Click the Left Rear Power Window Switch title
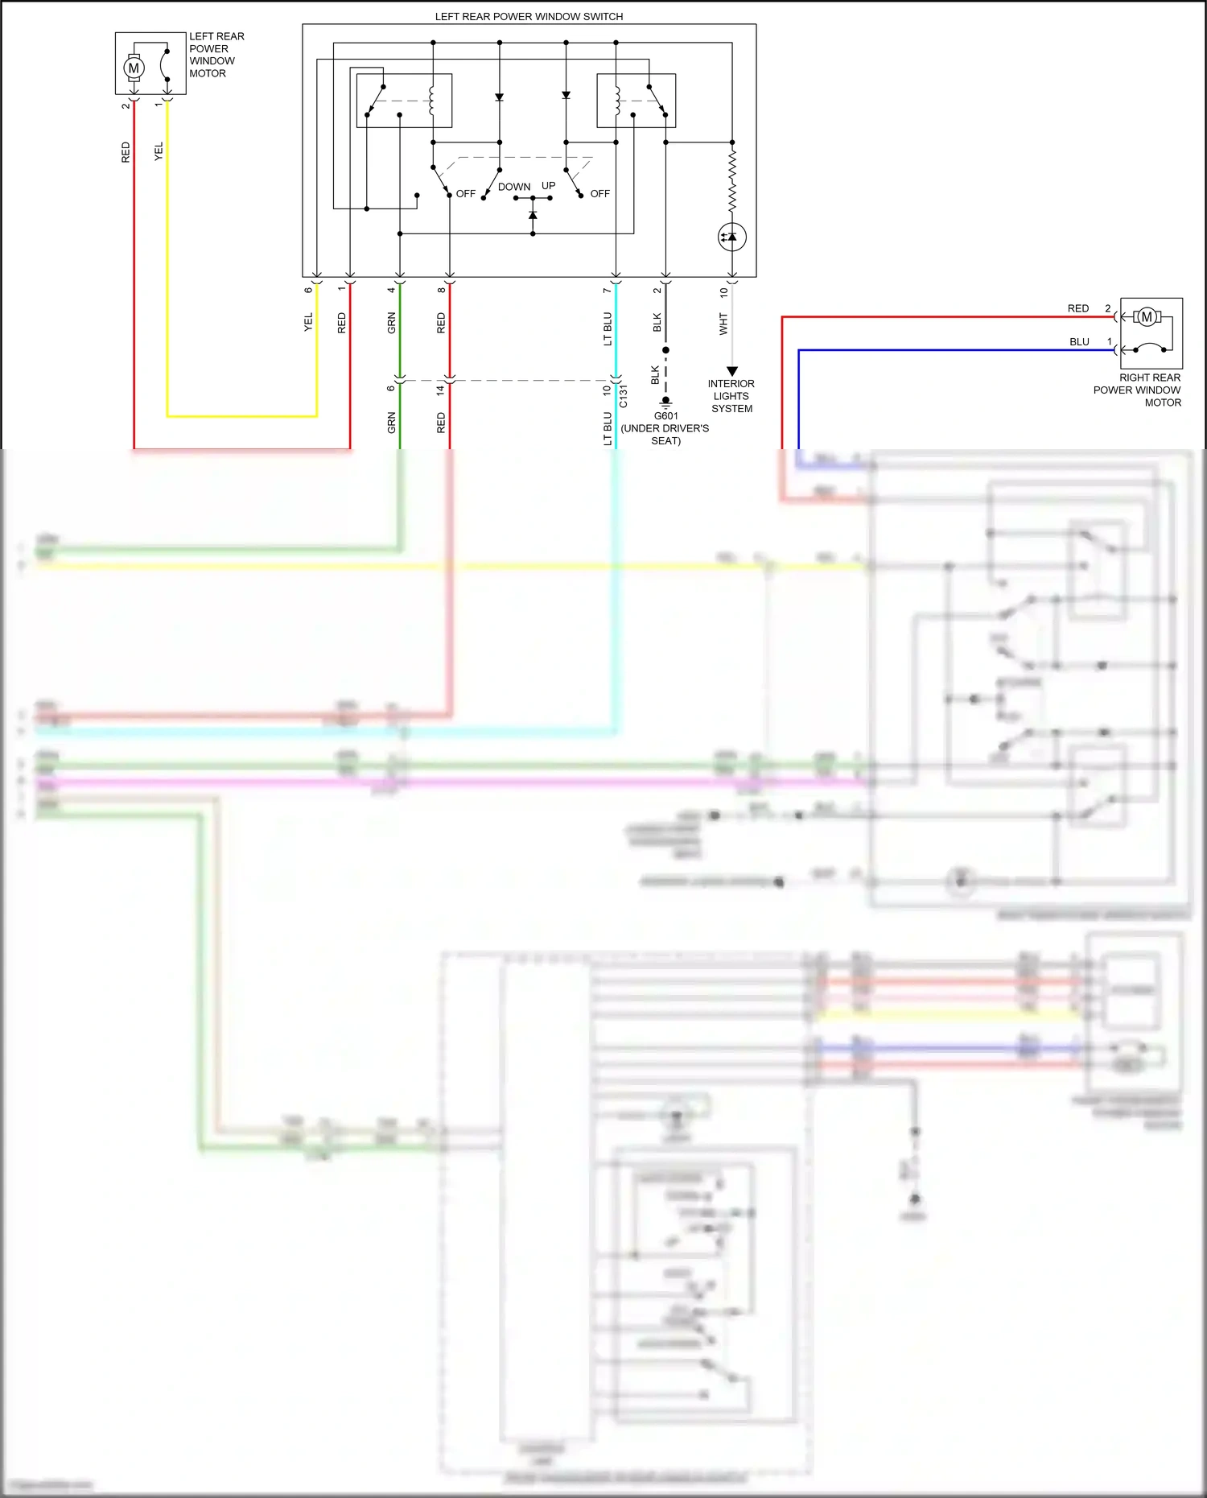click(x=529, y=16)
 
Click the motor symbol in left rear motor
click(x=134, y=68)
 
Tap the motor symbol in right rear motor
click(x=1147, y=317)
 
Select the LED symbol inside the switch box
click(x=731, y=237)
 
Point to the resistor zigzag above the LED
click(x=732, y=179)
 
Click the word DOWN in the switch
click(x=514, y=187)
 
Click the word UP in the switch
click(x=548, y=186)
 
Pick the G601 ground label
click(x=665, y=416)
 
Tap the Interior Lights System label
click(x=731, y=396)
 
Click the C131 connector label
click(x=624, y=397)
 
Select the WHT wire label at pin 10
click(x=723, y=324)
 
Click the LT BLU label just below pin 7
click(x=608, y=328)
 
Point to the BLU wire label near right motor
click(x=1079, y=342)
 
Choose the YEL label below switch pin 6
click(x=308, y=323)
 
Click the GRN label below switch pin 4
click(x=392, y=323)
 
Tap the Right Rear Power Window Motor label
click(x=1137, y=390)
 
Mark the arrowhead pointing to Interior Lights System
click(x=732, y=371)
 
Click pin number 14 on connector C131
click(x=440, y=390)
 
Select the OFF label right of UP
click(x=599, y=194)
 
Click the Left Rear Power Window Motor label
click(x=216, y=55)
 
